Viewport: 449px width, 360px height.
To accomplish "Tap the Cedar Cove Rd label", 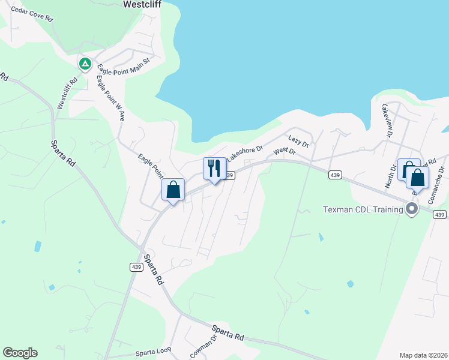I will point(32,14).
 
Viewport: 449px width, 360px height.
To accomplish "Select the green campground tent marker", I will point(85,63).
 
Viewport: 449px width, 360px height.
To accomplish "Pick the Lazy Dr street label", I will point(298,142).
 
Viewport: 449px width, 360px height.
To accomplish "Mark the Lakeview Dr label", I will point(387,119).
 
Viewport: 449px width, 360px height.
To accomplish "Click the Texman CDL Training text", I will point(362,209).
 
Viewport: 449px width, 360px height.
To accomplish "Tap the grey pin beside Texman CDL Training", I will point(412,209).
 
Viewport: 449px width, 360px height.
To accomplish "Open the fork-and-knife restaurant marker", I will point(214,168).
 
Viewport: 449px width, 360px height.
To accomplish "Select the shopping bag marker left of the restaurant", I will point(173,190).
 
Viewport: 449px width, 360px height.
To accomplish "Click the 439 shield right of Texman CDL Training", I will point(440,214).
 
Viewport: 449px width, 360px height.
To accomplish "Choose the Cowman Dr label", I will point(203,347).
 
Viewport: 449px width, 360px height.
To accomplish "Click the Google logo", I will point(20,353).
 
